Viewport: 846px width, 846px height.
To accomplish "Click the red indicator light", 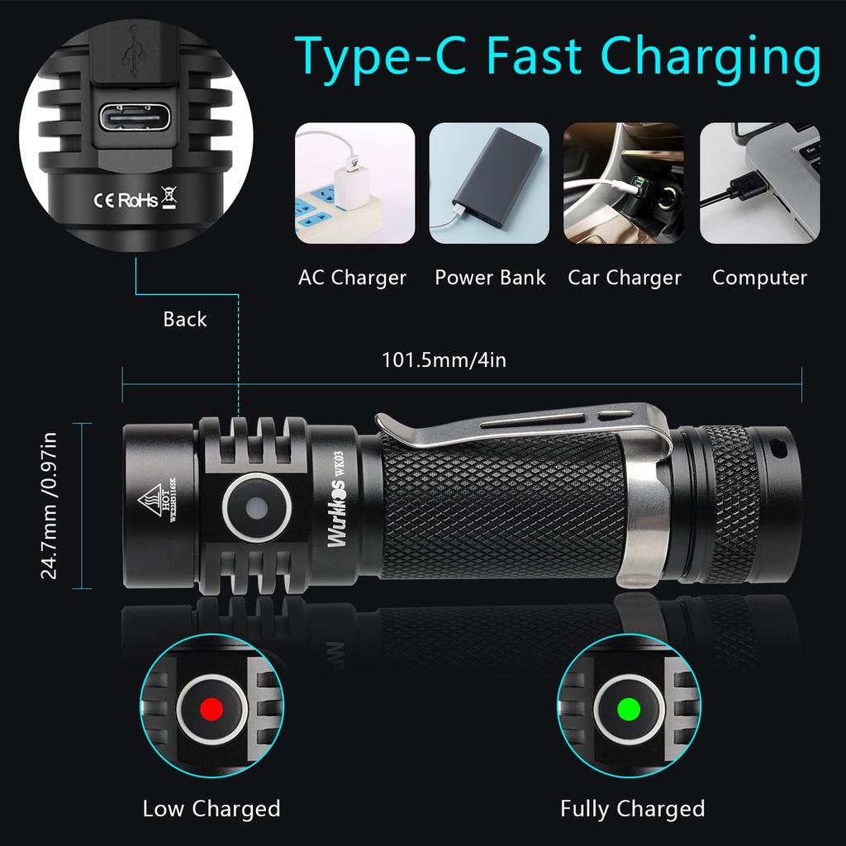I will pos(211,708).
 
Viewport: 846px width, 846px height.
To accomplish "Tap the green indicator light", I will pos(629,708).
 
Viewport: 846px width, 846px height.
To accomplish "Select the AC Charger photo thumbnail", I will pos(355,183).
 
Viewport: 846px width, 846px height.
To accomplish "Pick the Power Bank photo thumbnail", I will pos(489,183).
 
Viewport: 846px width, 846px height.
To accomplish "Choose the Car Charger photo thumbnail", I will pos(624,183).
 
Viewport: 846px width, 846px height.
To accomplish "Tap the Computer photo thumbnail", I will pos(760,183).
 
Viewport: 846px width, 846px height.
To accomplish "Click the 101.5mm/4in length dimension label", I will pos(444,361).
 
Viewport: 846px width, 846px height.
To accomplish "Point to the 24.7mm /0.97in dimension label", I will pos(50,506).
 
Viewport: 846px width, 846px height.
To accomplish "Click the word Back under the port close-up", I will pos(184,320).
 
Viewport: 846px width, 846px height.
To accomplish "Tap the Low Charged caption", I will pos(211,809).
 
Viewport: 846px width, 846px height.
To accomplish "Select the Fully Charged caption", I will pos(632,809).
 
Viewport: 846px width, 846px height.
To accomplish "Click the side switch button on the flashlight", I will pos(256,506).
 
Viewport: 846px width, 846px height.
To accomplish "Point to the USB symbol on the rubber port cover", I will pos(132,51).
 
